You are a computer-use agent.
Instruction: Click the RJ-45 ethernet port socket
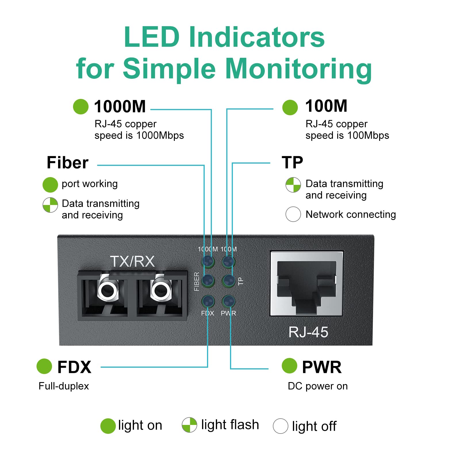point(306,283)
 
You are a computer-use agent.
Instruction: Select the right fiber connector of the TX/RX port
point(161,290)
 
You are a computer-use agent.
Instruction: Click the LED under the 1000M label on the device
point(208,261)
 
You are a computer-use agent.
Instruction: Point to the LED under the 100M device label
point(229,261)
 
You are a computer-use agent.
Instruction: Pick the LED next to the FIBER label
point(208,281)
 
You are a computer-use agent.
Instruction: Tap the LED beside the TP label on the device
point(229,281)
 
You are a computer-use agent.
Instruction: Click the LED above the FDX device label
point(208,302)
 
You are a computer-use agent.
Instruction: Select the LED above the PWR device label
point(229,302)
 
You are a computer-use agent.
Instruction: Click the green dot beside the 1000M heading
point(81,107)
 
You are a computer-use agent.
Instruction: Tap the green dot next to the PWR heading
point(290,366)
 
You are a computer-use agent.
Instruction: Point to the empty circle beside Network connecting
point(293,214)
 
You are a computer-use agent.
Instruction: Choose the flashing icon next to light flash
point(189,425)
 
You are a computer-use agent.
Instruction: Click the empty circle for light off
point(280,426)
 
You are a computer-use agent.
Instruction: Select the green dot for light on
point(108,426)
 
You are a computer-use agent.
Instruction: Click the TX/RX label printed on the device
point(132,261)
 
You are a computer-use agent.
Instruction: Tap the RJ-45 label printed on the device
point(308,332)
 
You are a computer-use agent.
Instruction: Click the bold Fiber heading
point(68,163)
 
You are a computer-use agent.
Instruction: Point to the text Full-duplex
point(64,386)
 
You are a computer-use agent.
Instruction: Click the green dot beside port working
point(50,185)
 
